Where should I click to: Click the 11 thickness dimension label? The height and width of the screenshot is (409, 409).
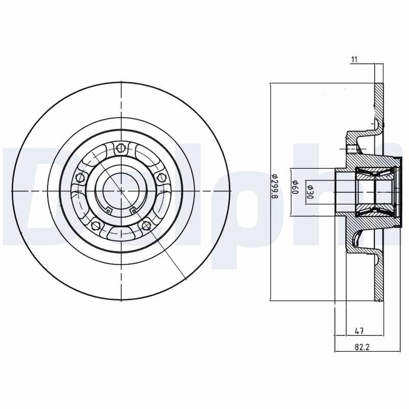[x=354, y=60]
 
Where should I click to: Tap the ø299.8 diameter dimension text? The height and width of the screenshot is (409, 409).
[x=274, y=187]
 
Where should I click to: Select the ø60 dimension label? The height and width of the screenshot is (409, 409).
[x=295, y=187]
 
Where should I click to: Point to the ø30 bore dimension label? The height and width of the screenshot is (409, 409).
[x=310, y=192]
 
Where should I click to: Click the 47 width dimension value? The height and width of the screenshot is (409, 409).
[x=359, y=331]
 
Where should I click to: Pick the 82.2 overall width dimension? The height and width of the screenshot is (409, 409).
[x=362, y=347]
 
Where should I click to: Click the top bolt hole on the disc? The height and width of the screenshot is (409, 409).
[x=121, y=148]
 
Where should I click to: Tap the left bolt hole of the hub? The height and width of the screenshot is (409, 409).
[x=80, y=177]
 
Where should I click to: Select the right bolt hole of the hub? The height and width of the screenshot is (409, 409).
[x=162, y=177]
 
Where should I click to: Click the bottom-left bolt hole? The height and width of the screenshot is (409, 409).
[x=96, y=225]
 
